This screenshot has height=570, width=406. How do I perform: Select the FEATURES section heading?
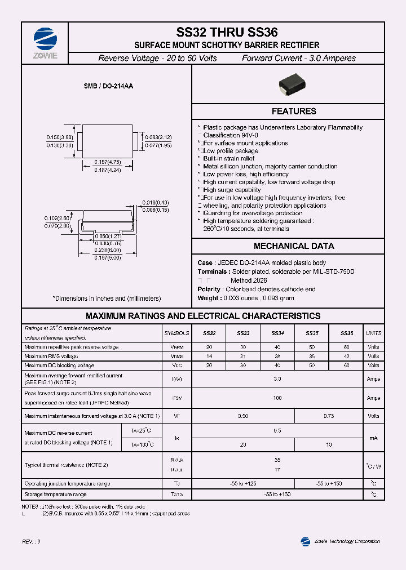[293, 112]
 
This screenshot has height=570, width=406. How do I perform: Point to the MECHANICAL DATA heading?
[293, 246]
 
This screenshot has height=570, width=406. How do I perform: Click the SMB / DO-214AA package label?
[108, 86]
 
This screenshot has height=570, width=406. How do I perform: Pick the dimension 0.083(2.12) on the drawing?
[158, 137]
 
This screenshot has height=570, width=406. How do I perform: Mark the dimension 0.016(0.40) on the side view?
[156, 202]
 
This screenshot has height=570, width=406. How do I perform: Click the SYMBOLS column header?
[176, 333]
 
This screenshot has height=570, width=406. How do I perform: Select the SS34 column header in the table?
[277, 333]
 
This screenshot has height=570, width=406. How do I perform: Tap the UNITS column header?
[373, 333]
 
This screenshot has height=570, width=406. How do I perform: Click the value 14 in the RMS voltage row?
[209, 357]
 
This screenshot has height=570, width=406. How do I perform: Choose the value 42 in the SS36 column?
[346, 357]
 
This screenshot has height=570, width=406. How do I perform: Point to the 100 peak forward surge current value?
[277, 398]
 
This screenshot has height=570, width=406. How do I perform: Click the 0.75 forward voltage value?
[329, 416]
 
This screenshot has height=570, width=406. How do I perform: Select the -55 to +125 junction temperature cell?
[244, 484]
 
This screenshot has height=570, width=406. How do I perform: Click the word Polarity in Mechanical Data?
[209, 289]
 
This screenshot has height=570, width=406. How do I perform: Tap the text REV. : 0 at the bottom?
[31, 541]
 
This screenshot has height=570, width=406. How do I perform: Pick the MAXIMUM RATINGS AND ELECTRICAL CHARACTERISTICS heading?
[203, 316]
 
